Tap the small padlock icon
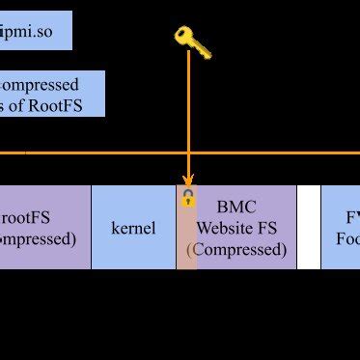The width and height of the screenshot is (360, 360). [188, 200]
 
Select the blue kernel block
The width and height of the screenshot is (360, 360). [133, 229]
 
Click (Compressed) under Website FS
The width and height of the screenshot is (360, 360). [236, 249]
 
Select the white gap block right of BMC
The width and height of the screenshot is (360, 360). [308, 228]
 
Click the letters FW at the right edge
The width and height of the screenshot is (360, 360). [352, 217]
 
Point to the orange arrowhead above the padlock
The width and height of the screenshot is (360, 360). [188, 180]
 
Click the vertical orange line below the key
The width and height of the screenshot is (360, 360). [188, 116]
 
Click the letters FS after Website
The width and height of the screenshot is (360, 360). [273, 229]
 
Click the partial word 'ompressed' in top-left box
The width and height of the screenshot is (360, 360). [41, 85]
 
